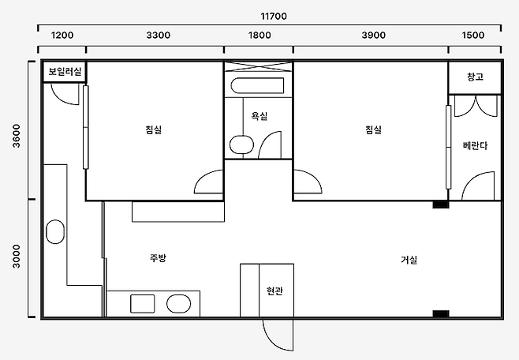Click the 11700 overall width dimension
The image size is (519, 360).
pos(274,17)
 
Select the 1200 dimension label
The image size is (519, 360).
pos(62,35)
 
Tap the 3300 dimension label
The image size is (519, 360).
pos(159,35)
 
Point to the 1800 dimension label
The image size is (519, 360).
pos(259,35)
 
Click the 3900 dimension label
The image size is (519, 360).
pos(374,35)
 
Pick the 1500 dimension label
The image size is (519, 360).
pos(473,35)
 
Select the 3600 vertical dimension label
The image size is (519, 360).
pos(17,136)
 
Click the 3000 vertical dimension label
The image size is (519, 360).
pos(17,257)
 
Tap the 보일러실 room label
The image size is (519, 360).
pos(65,71)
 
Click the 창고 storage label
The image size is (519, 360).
pos(475,77)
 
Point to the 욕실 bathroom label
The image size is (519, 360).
pos(259,116)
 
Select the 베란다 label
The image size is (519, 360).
pos(475,146)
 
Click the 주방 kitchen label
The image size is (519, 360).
pos(158,258)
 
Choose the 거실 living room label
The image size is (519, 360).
pos(409,260)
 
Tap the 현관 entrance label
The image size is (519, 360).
pos(274,291)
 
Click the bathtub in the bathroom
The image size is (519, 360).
pos(257,85)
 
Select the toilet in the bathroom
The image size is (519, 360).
pos(241,144)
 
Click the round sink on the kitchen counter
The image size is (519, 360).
pos(178,304)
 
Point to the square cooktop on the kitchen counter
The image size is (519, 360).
pos(142,304)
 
